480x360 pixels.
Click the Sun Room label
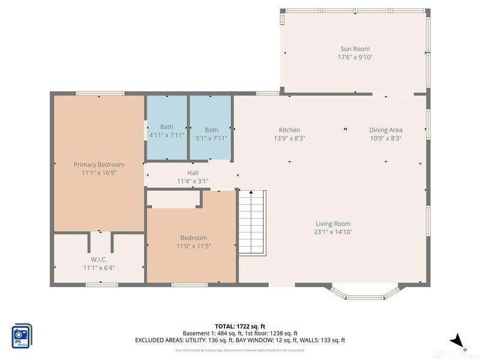click(355, 49)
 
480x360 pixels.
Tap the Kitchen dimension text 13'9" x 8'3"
click(289, 138)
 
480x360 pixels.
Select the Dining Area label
click(385, 130)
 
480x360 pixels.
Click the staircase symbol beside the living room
click(252, 222)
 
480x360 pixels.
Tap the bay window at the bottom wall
click(364, 293)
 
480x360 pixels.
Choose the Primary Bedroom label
click(99, 164)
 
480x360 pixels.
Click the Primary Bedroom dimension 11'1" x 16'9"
click(99, 173)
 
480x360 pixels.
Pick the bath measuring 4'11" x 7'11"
click(167, 127)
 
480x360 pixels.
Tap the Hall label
click(192, 173)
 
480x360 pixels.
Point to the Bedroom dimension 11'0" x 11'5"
click(193, 246)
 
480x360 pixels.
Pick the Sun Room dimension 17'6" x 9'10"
click(355, 58)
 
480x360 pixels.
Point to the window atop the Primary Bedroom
click(100, 93)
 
